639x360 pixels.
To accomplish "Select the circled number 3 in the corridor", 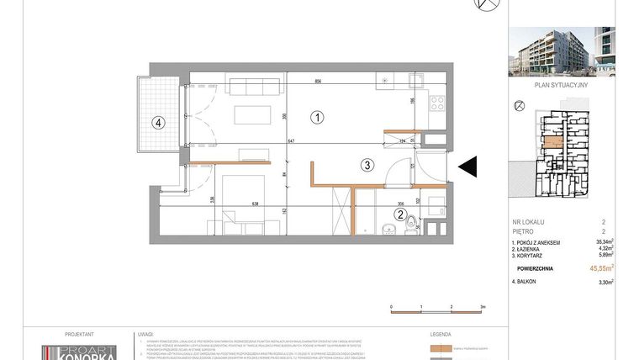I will coord(367,166).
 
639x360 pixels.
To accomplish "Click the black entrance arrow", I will coord(468,168).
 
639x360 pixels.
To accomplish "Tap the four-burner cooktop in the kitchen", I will coord(437,103).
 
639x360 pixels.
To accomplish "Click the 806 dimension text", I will coord(319,82).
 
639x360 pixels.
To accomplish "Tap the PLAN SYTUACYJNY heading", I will coord(560,84).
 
